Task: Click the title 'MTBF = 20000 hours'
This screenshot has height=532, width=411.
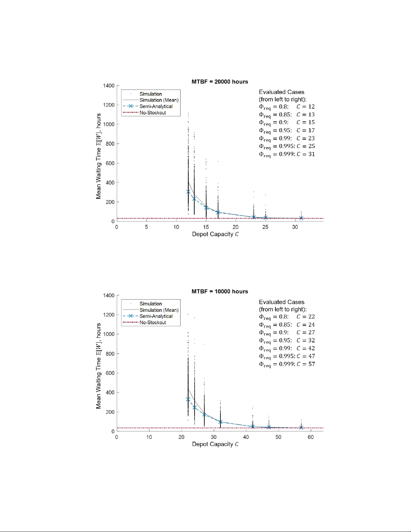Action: (220, 82)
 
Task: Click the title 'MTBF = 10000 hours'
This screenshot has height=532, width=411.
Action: (220, 291)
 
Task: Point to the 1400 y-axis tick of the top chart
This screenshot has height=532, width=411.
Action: (109, 86)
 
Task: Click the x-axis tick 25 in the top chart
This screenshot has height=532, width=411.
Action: (265, 227)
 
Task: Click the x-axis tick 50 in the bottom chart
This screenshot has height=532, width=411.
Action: (278, 437)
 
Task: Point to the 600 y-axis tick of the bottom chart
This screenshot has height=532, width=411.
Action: (110, 373)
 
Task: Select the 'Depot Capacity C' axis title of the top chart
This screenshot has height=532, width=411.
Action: (215, 234)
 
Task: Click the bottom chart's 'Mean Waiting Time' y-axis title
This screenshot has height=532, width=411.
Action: (98, 366)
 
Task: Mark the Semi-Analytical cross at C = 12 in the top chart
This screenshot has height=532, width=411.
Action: (188, 192)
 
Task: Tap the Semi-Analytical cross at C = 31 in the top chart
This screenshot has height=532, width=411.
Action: (301, 218)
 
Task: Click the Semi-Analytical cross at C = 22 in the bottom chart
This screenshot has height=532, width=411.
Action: (188, 399)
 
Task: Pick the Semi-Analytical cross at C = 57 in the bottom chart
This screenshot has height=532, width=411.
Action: (301, 428)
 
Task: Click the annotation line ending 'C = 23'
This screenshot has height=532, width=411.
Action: (287, 138)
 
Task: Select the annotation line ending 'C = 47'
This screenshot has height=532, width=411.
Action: (287, 356)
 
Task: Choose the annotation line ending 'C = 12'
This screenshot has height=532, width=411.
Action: (287, 107)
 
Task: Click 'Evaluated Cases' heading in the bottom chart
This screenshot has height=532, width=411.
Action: (281, 302)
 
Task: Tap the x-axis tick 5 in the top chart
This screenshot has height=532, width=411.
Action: (147, 227)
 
